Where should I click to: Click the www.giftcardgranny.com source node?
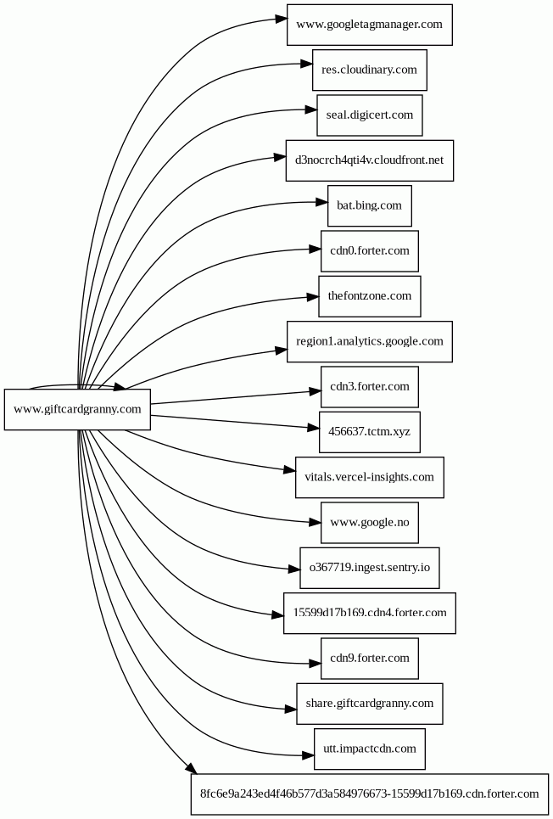pyautogui.click(x=77, y=409)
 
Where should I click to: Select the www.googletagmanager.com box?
pyautogui.click(x=369, y=25)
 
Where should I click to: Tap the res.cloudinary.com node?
pyautogui.click(x=369, y=70)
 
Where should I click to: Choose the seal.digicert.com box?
pyautogui.click(x=369, y=115)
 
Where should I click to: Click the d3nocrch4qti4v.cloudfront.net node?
pyautogui.click(x=369, y=160)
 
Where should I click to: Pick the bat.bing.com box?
pyautogui.click(x=369, y=205)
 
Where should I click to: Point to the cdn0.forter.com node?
pyautogui.click(x=369, y=250)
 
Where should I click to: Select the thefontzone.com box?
pyautogui.click(x=369, y=296)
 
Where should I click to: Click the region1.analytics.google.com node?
pyautogui.click(x=369, y=341)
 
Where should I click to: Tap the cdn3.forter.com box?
pyautogui.click(x=369, y=386)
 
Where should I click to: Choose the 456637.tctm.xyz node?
pyautogui.click(x=369, y=432)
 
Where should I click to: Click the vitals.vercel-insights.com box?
pyautogui.click(x=369, y=478)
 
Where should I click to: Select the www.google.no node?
pyautogui.click(x=369, y=522)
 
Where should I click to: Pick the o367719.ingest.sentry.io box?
pyautogui.click(x=369, y=568)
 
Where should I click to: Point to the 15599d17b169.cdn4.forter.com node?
pyautogui.click(x=369, y=614)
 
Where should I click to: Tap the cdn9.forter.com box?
pyautogui.click(x=369, y=658)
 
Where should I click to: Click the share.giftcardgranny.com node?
pyautogui.click(x=369, y=704)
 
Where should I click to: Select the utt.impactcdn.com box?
pyautogui.click(x=369, y=749)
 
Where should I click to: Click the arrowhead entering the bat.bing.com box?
pyautogui.click(x=321, y=203)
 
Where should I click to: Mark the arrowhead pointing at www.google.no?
pyautogui.click(x=315, y=522)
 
